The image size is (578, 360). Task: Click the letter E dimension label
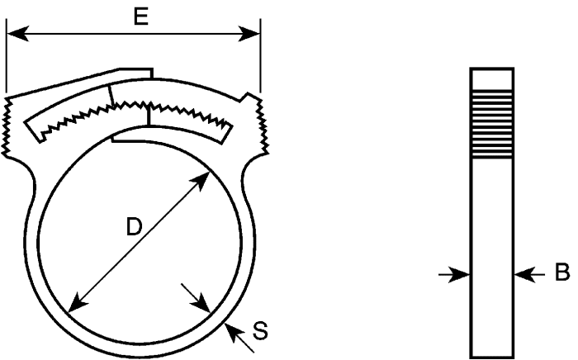tap(141, 17)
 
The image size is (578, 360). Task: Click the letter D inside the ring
tap(134, 226)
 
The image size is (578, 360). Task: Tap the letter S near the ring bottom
tap(260, 330)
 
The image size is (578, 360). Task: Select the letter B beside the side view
tap(562, 272)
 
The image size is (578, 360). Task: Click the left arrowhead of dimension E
tap(17, 34)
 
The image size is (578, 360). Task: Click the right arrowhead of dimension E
tap(249, 34)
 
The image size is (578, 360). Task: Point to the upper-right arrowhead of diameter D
tap(201, 180)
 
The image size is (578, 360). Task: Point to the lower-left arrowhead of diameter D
tap(78, 302)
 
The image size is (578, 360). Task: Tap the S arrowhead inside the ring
tap(201, 303)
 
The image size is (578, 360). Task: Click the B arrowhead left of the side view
tap(459, 274)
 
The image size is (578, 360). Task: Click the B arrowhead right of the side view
tap(525, 274)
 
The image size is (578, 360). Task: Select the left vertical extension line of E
tap(7, 55)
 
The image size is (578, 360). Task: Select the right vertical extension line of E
tap(260, 55)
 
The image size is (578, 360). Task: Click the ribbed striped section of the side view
tap(492, 124)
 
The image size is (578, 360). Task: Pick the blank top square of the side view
tap(492, 79)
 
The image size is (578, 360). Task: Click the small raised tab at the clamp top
tap(135, 73)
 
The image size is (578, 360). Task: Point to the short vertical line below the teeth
tap(149, 116)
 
